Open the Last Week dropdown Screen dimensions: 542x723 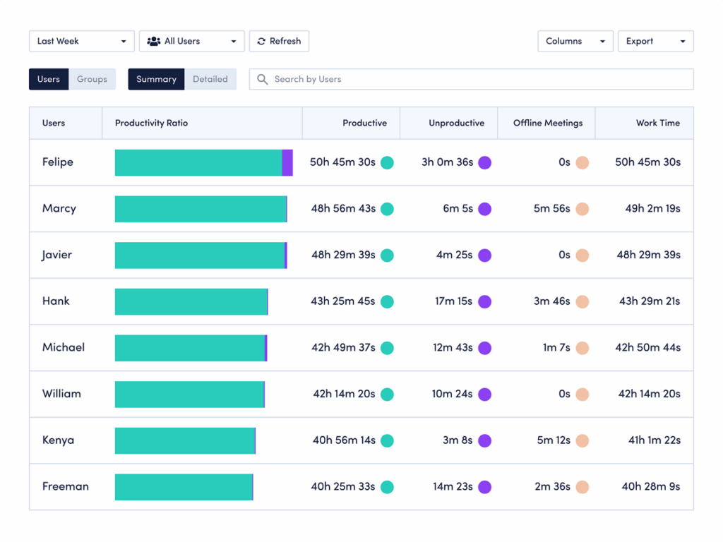pyautogui.click(x=81, y=41)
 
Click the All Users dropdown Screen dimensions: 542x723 pyautogui.click(x=191, y=41)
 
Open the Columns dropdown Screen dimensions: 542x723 pyautogui.click(x=575, y=41)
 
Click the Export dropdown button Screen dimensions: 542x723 pyautogui.click(x=655, y=41)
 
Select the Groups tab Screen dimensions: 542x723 pyautogui.click(x=92, y=79)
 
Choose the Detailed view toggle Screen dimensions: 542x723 pyautogui.click(x=210, y=79)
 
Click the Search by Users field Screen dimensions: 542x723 pyautogui.click(x=471, y=79)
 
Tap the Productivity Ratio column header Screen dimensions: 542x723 pyautogui.click(x=151, y=123)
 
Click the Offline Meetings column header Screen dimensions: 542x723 pyautogui.click(x=547, y=123)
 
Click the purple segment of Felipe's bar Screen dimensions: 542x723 pyautogui.click(x=287, y=162)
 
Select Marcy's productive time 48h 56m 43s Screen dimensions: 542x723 pyautogui.click(x=343, y=209)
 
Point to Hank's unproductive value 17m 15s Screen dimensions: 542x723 pyautogui.click(x=453, y=301)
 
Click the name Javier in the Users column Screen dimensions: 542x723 pyautogui.click(x=56, y=255)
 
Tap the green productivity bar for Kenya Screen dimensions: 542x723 pyautogui.click(x=184, y=440)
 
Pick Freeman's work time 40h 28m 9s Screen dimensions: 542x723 pyautogui.click(x=650, y=486)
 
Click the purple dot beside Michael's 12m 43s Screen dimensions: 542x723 pyautogui.click(x=484, y=348)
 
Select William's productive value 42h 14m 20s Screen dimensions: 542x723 pyautogui.click(x=344, y=394)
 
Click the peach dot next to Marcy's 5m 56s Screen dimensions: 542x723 pyautogui.click(x=582, y=209)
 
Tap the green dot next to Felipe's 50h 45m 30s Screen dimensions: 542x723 pyautogui.click(x=387, y=162)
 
